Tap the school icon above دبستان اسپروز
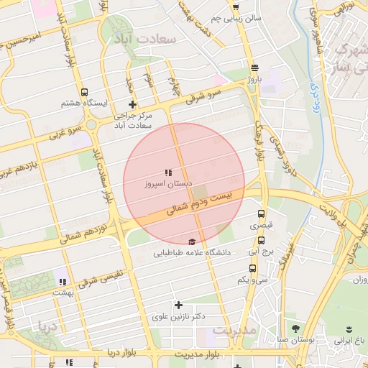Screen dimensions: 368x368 click(x=168, y=173)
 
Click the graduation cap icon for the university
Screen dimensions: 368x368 click(x=191, y=242)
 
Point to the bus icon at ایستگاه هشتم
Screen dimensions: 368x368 click(x=85, y=93)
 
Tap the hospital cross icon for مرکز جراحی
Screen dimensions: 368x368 click(x=132, y=105)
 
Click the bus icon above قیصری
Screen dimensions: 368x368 click(x=261, y=213)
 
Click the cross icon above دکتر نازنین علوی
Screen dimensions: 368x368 click(x=179, y=305)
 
